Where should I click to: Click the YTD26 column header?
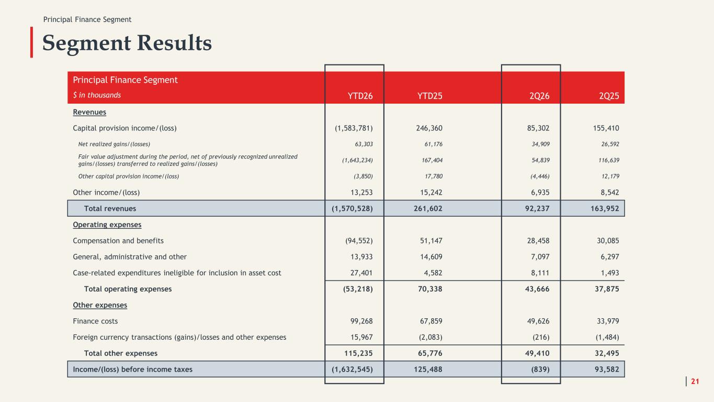(x=360, y=96)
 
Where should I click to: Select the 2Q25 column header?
(x=609, y=96)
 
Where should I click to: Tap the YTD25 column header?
(x=429, y=96)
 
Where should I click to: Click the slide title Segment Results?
(x=127, y=43)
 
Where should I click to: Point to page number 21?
(x=695, y=381)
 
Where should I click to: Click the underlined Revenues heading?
(x=89, y=112)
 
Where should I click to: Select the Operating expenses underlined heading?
(x=107, y=225)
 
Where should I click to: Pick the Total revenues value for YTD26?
(x=352, y=208)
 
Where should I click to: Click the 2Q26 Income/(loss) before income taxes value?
(x=540, y=369)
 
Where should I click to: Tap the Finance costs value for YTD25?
(x=431, y=321)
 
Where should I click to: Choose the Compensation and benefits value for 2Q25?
(x=608, y=241)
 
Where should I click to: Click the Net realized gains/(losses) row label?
(x=114, y=144)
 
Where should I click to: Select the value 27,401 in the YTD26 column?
(x=361, y=273)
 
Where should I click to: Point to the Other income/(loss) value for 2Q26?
(x=540, y=193)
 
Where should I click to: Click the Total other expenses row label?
(x=121, y=353)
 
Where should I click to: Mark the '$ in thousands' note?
(x=97, y=95)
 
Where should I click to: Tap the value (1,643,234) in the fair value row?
(x=357, y=160)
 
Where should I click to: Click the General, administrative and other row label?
(x=130, y=257)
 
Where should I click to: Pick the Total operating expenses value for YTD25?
(x=430, y=289)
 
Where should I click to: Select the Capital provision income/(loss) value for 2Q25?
(x=606, y=128)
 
